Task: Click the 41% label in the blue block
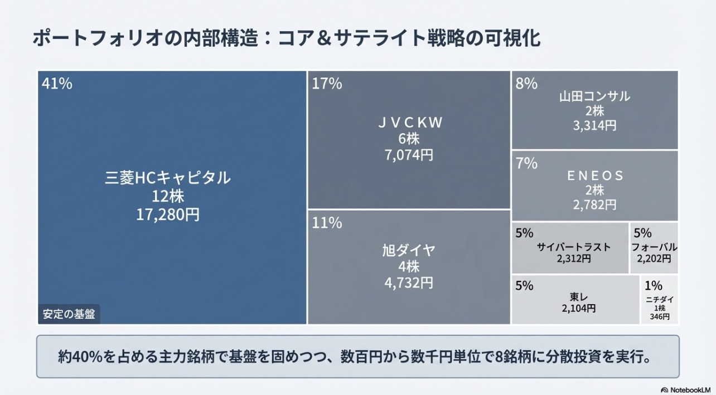pyautogui.click(x=57, y=84)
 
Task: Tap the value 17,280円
pyautogui.click(x=168, y=214)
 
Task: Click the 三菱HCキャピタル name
pyautogui.click(x=168, y=178)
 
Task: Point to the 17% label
pyautogui.click(x=327, y=84)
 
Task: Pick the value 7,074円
pyautogui.click(x=409, y=155)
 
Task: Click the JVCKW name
pyautogui.click(x=409, y=123)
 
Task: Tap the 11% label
pyautogui.click(x=327, y=223)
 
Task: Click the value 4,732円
pyautogui.click(x=409, y=282)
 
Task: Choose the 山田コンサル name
pyautogui.click(x=594, y=96)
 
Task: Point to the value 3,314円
pyautogui.click(x=594, y=125)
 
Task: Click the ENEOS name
pyautogui.click(x=594, y=176)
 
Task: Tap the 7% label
pyautogui.click(x=526, y=164)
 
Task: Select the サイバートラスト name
pyautogui.click(x=574, y=247)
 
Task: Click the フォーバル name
pyautogui.click(x=654, y=247)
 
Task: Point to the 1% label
pyautogui.click(x=653, y=286)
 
